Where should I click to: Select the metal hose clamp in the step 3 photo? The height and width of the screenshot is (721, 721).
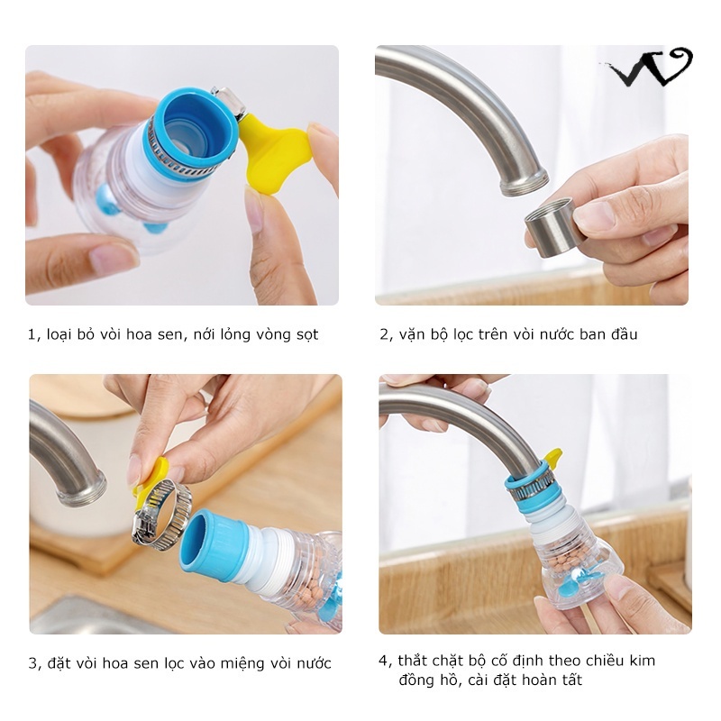pos(161,514)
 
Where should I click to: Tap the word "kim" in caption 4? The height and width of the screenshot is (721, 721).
pos(643,661)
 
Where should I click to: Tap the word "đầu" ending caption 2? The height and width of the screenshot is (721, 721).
pos(625,333)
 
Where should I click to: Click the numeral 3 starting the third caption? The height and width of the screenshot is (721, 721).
pos(33,663)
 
